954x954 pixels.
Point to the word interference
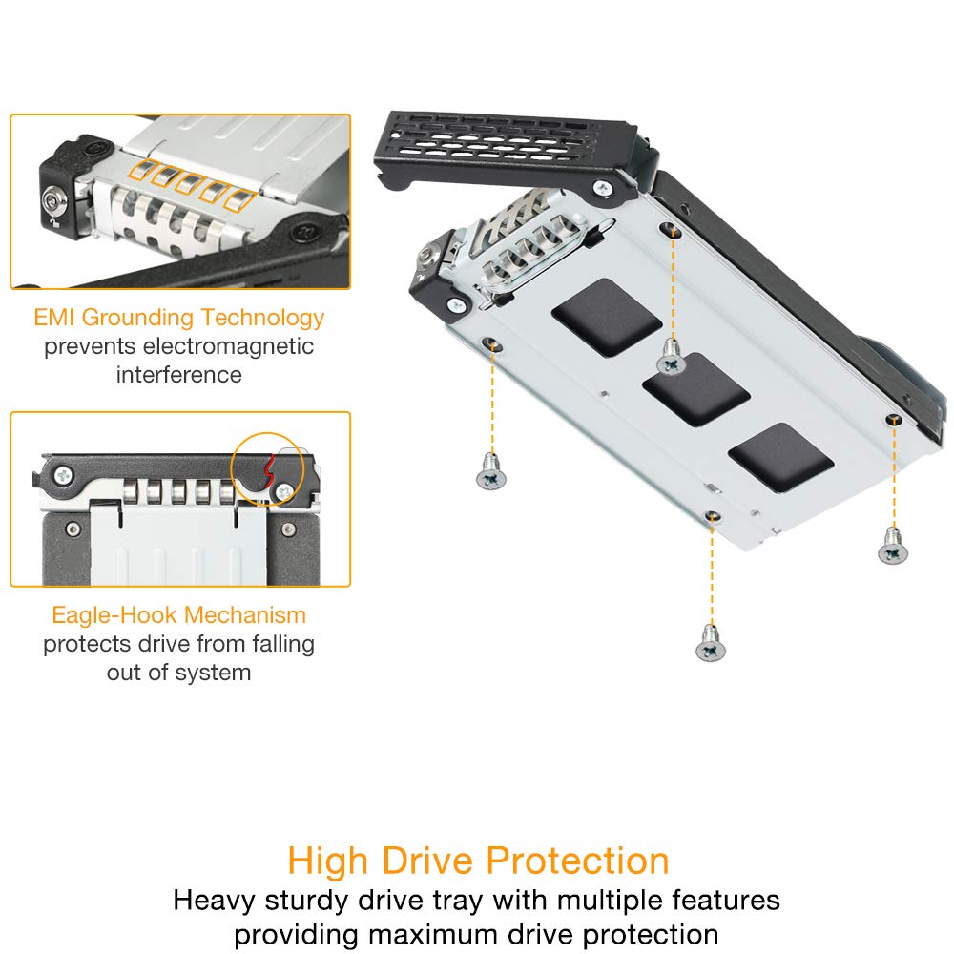pos(179,375)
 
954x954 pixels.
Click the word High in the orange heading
pos(327,861)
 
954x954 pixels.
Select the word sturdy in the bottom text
pos(314,900)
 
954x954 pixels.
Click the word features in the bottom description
pos(719,900)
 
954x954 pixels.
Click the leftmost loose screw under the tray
pos(490,470)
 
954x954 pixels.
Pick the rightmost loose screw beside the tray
pos(891,545)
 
